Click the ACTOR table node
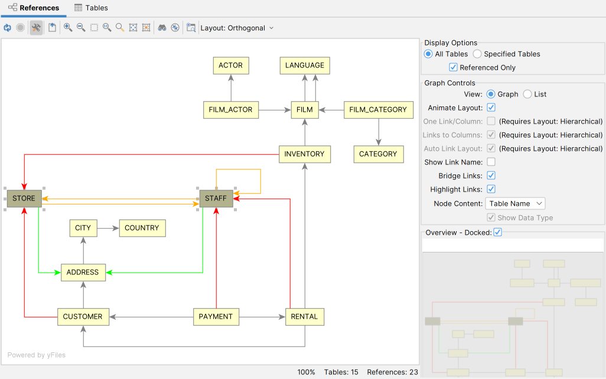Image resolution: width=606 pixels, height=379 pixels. pos(230,66)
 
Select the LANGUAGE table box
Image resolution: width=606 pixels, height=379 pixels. pos(304,66)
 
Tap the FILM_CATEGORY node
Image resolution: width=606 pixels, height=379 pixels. pos(377,110)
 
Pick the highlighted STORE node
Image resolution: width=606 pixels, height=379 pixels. pos(24,199)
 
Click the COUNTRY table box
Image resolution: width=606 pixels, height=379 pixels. pos(142,228)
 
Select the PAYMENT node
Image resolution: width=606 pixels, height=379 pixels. pos(216,317)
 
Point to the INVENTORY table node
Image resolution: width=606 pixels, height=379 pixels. pos(304,154)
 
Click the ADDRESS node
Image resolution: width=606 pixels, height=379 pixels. pos(83,273)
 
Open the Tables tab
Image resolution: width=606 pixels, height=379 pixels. pos(91,8)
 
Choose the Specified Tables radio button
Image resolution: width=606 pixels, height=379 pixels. pos(477,54)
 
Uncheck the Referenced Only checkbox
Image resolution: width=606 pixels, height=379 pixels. pos(454,67)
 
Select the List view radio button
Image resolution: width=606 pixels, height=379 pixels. pos(527,95)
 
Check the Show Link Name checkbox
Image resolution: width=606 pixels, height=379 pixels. pos(491,162)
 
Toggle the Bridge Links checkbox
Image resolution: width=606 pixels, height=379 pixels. pos(491,176)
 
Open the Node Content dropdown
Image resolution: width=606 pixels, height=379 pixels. pos(515,203)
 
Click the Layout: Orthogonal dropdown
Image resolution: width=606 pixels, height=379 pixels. pos(237,28)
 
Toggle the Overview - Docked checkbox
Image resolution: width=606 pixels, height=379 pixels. pos(497,232)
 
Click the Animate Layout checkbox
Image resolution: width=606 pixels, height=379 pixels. pos(491,108)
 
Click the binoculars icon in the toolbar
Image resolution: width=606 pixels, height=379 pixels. pos(162,28)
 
